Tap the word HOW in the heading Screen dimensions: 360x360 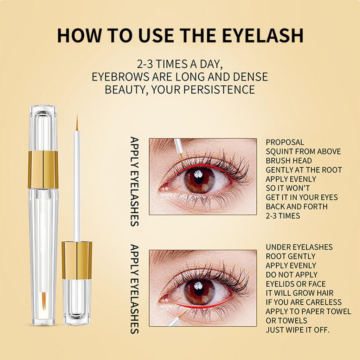[78, 36]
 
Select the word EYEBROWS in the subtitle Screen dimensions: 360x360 [121, 77]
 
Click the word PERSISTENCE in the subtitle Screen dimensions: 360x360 [219, 90]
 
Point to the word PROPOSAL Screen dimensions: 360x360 [285, 142]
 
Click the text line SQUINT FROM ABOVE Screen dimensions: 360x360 [303, 152]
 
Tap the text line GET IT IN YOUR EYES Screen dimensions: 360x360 [302, 198]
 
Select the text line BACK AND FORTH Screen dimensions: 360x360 [297, 207]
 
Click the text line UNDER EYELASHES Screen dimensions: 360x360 [299, 247]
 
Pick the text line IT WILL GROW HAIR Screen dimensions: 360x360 [300, 293]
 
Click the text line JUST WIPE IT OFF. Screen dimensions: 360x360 [297, 330]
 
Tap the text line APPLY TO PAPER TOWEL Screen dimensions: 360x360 [308, 311]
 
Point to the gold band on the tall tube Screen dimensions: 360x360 [43, 170]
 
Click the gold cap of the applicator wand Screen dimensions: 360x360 [77, 260]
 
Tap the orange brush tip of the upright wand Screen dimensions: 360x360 [77, 122]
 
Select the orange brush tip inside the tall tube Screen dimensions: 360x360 [44, 301]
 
